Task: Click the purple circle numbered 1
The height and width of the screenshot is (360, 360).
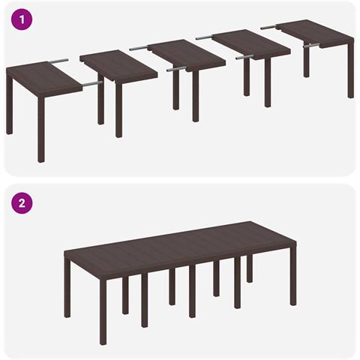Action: (22, 19)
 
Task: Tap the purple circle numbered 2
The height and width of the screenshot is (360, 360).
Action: (22, 202)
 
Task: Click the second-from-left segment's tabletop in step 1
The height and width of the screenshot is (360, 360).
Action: (118, 66)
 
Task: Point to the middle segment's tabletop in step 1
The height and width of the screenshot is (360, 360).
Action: (187, 55)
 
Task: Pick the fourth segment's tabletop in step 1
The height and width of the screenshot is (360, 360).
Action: (251, 45)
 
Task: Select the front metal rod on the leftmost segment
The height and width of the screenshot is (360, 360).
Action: (93, 84)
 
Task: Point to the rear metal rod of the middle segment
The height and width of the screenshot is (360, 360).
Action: (139, 48)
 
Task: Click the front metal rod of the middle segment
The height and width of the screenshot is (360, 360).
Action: (176, 69)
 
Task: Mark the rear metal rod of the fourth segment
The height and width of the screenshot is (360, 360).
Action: (205, 37)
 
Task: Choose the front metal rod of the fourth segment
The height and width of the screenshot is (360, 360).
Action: (244, 57)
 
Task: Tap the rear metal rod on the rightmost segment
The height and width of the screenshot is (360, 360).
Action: (268, 27)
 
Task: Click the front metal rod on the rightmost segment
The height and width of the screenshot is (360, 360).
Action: (312, 46)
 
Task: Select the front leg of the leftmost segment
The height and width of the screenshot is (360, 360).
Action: (41, 130)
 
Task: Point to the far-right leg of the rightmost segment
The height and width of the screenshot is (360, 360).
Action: (351, 70)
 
